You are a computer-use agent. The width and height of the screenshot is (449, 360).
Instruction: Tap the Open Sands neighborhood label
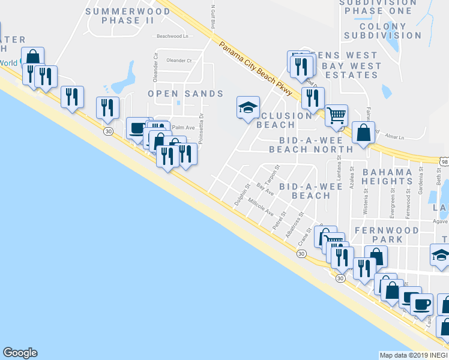pos(185,94)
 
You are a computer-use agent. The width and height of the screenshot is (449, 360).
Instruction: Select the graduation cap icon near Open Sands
pos(248,107)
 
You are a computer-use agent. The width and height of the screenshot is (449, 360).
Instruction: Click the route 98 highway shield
pos(444,162)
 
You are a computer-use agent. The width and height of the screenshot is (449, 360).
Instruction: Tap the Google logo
pos(20,353)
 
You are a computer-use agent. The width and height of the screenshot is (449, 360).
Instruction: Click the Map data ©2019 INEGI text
pos(413,355)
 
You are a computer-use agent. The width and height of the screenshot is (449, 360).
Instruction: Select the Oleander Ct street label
pos(179,61)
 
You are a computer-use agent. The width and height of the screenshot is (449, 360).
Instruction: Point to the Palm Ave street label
pos(184,127)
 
